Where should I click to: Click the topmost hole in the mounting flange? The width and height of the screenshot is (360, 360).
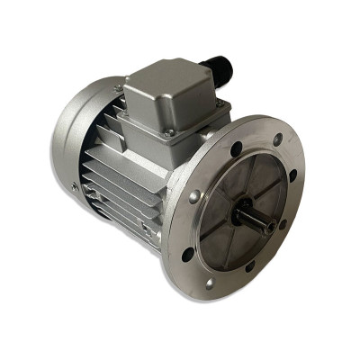pos(277,139)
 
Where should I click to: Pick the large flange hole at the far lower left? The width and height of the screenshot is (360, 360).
pos(186,254)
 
